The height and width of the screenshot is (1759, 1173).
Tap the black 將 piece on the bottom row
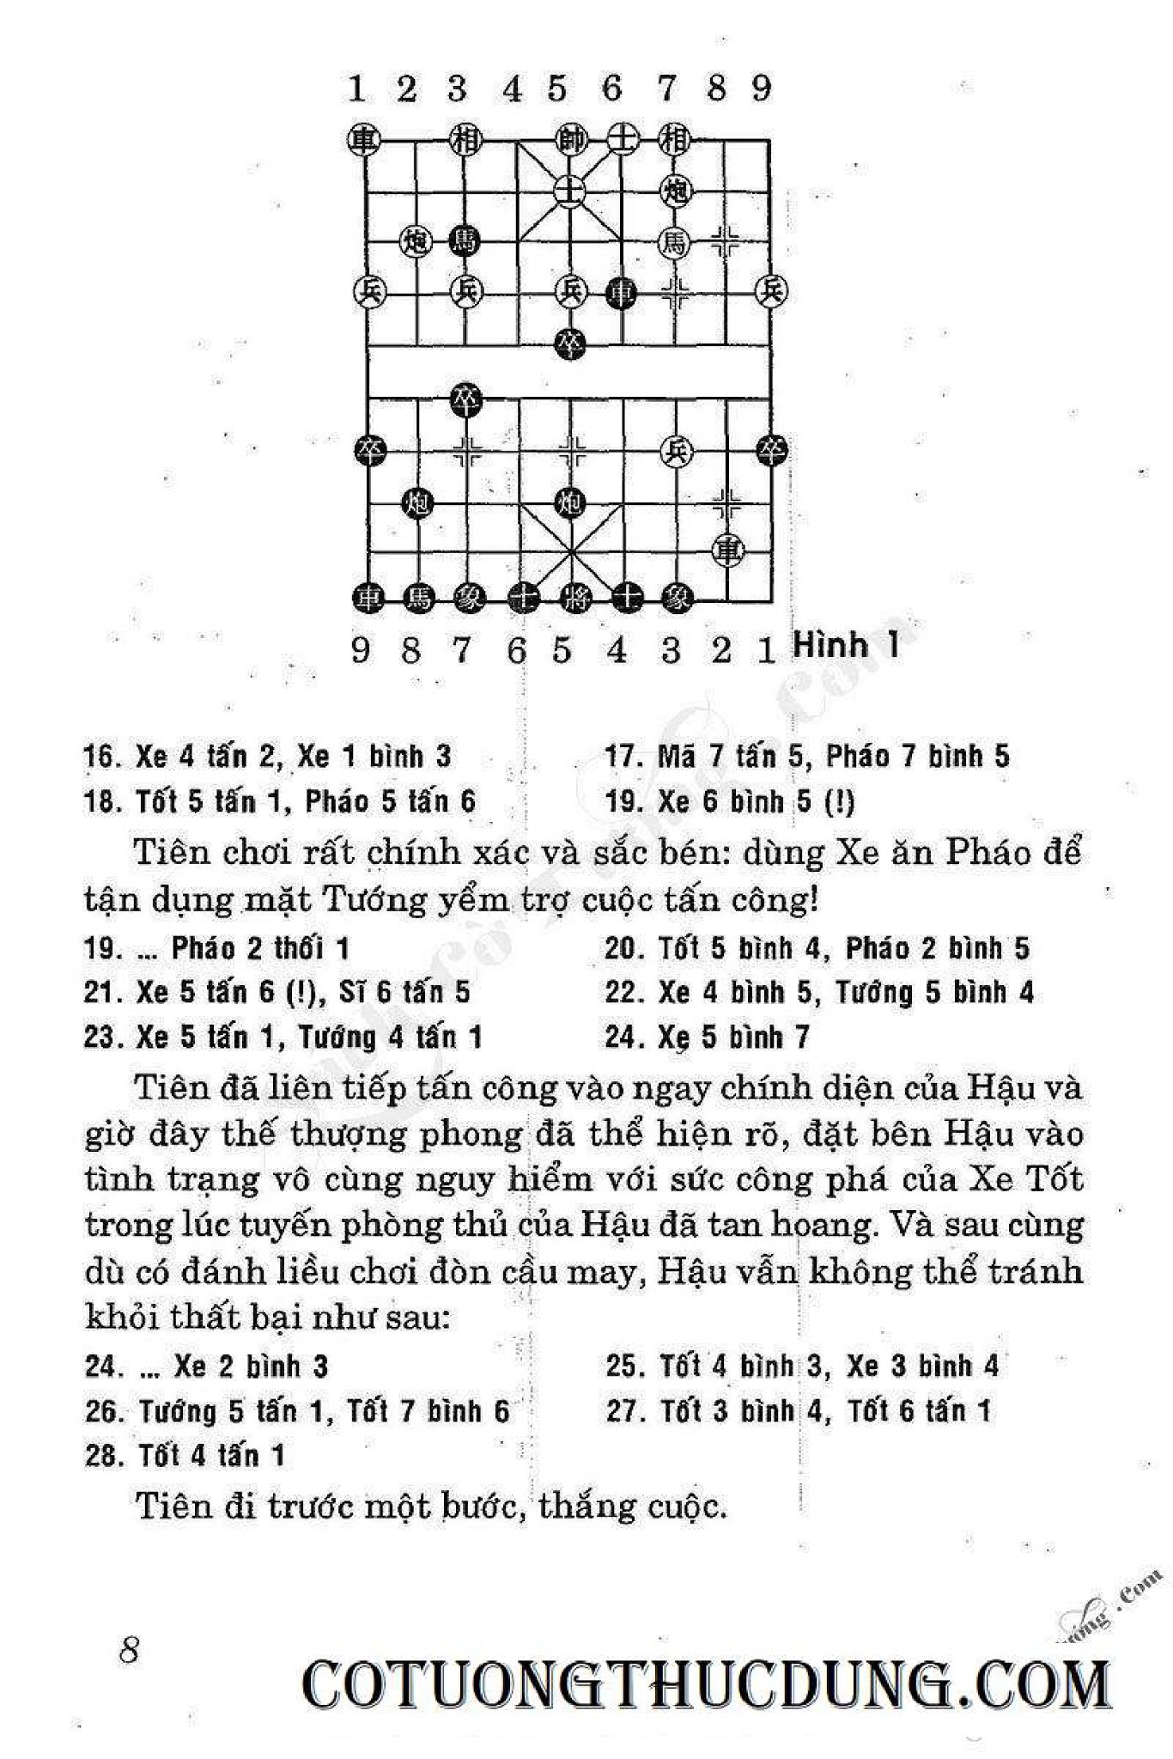[570, 598]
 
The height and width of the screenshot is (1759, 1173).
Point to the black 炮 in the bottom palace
[570, 501]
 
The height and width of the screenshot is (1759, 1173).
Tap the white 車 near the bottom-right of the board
[730, 548]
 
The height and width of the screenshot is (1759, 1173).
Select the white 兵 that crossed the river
[677, 450]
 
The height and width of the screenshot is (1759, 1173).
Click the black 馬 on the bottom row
[418, 598]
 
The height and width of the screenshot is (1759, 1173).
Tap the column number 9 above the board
[761, 88]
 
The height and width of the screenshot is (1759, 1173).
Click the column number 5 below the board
[562, 651]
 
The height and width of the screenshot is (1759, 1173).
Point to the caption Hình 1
[846, 644]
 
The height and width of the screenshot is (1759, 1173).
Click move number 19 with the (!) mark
[620, 802]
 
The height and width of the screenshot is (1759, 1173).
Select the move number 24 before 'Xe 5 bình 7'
[620, 1038]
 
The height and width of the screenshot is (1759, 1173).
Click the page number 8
[130, 1649]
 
